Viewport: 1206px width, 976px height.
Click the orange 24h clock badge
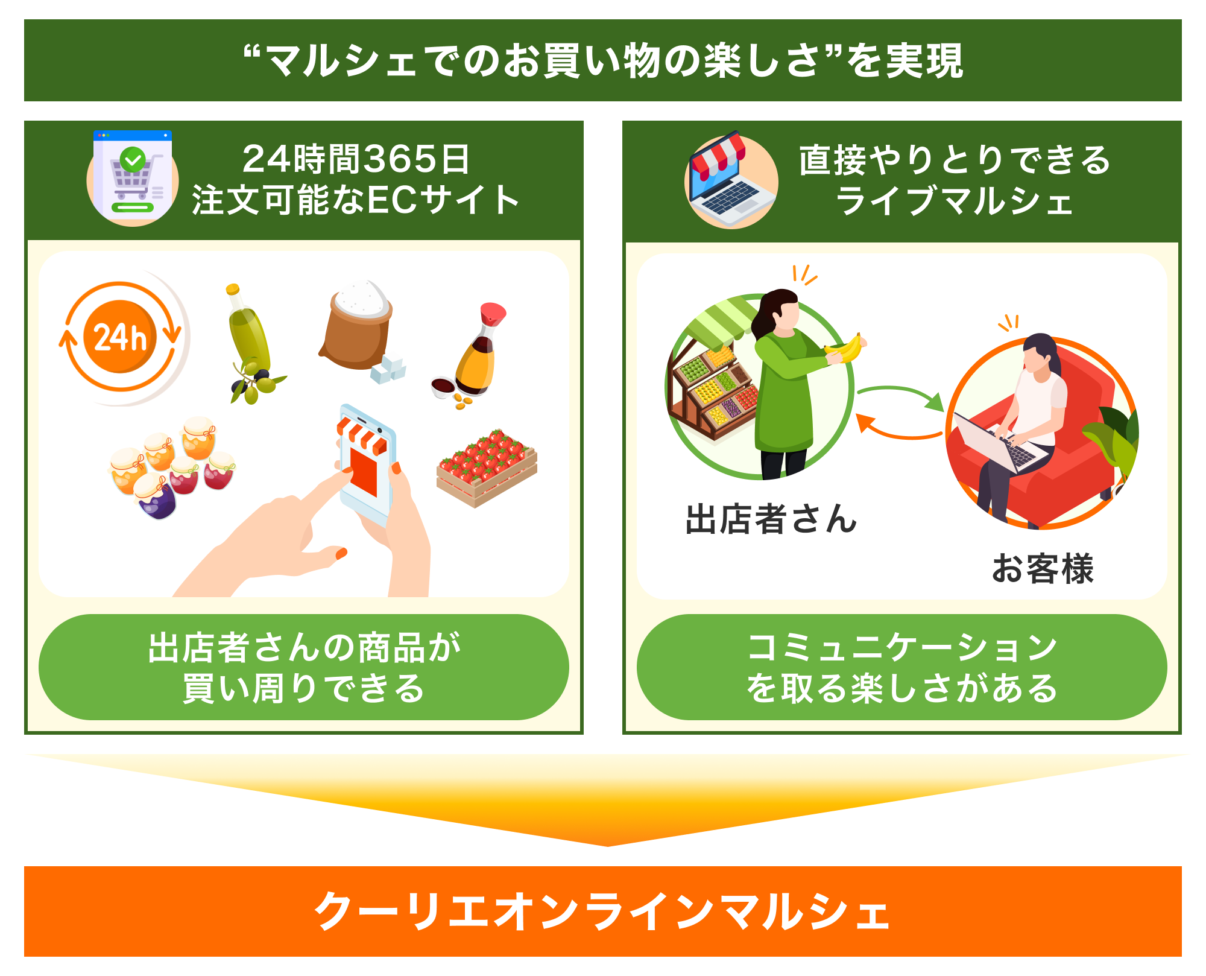click(x=121, y=337)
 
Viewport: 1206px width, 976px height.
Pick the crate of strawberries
click(x=487, y=467)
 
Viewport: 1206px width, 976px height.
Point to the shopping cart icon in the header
click(x=133, y=177)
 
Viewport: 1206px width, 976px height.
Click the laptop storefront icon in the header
click(x=731, y=181)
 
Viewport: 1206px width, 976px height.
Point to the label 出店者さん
click(x=771, y=519)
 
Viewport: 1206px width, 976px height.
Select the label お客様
click(x=1043, y=568)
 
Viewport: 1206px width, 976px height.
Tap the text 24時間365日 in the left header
click(x=356, y=159)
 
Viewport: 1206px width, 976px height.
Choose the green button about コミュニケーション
click(x=902, y=667)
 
